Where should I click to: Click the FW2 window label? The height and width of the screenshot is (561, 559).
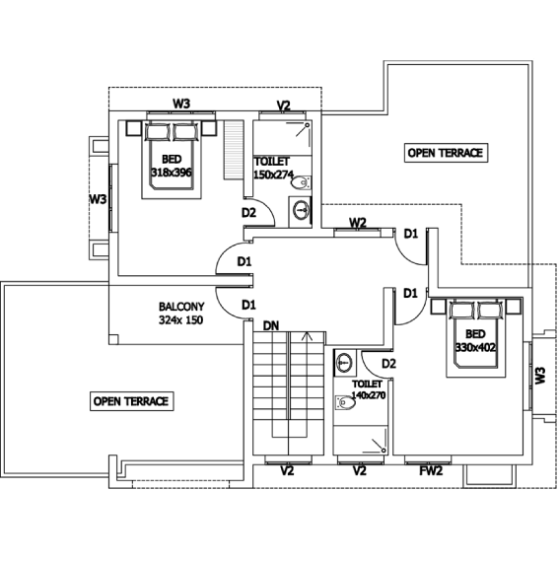(x=431, y=470)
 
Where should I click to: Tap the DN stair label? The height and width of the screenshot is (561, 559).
(x=271, y=326)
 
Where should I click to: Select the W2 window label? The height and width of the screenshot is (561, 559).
(x=358, y=223)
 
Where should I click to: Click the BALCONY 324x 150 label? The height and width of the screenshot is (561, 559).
(x=181, y=314)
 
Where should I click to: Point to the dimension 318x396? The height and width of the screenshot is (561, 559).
(x=172, y=173)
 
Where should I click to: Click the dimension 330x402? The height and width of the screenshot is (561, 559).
(x=475, y=347)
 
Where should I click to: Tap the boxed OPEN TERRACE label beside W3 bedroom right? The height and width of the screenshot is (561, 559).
(x=446, y=153)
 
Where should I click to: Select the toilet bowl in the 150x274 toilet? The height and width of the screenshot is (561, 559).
(x=301, y=182)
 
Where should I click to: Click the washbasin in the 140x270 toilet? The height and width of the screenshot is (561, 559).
(x=344, y=363)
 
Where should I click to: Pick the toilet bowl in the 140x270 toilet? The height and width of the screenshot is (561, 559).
(x=345, y=403)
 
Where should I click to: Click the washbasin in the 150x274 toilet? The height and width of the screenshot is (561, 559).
(x=301, y=210)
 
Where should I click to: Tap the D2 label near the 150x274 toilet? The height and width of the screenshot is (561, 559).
(x=248, y=213)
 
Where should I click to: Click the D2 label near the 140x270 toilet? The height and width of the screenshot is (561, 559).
(x=388, y=364)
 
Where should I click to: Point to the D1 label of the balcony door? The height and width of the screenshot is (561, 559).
(x=248, y=306)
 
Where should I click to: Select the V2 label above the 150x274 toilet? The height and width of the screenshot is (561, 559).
(x=283, y=105)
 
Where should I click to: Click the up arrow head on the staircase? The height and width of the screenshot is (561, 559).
(x=307, y=335)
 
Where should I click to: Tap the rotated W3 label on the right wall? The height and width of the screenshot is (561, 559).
(x=540, y=376)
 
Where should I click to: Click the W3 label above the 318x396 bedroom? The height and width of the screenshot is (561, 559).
(x=181, y=104)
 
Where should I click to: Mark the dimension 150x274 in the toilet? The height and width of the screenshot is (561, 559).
(x=274, y=175)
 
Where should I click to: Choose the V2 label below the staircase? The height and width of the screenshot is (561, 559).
(x=287, y=471)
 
